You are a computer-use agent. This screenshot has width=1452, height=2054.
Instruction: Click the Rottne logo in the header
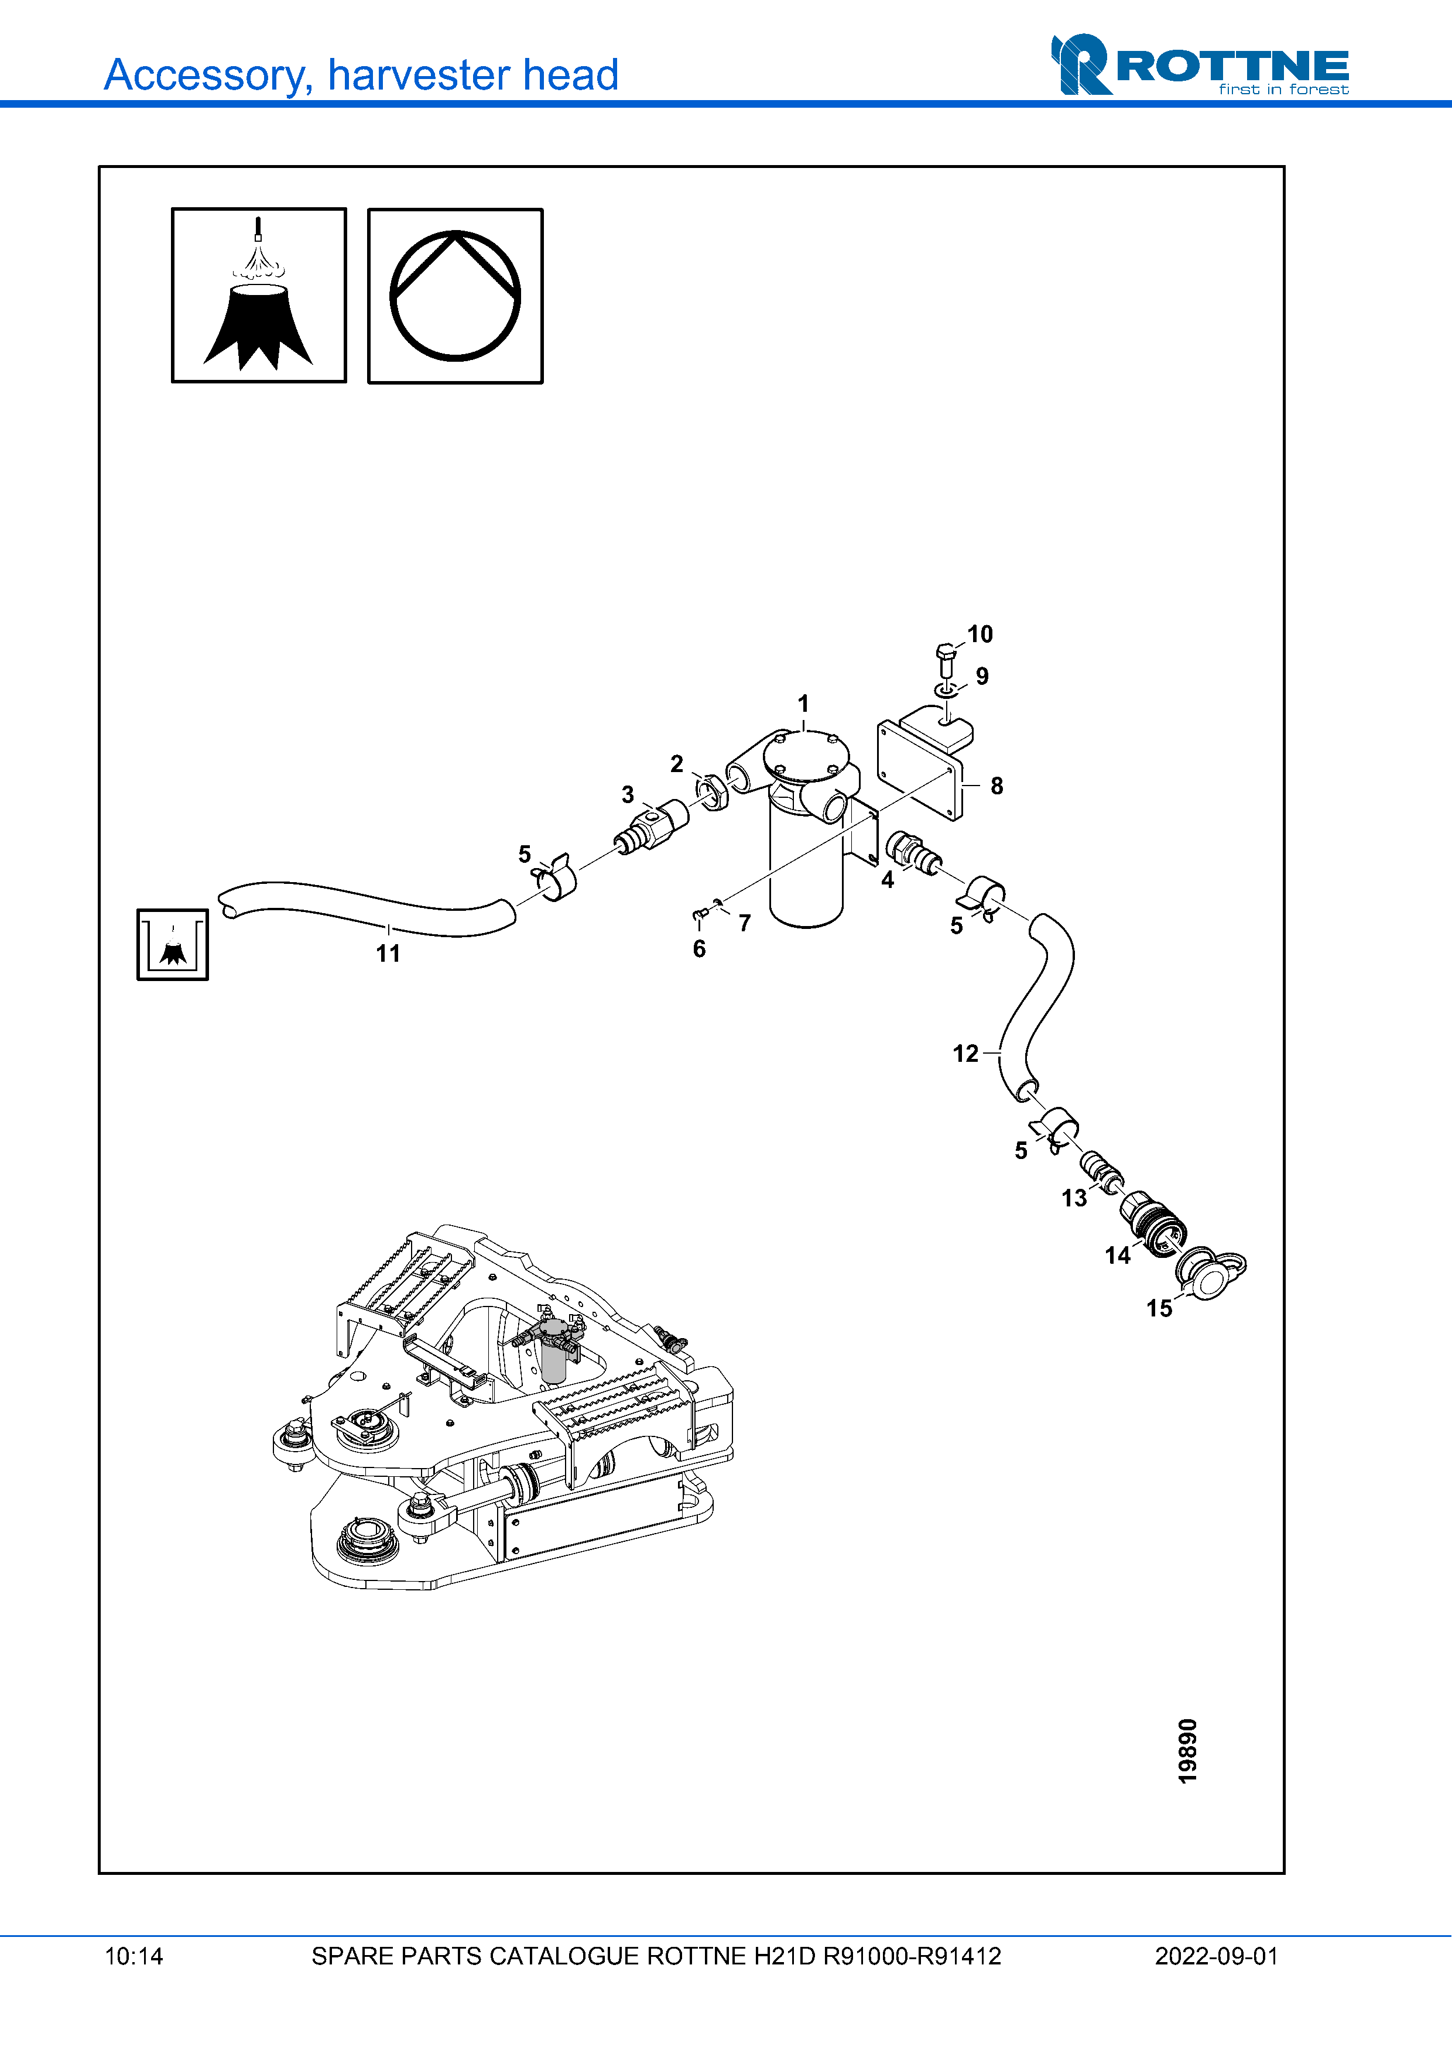point(1199,64)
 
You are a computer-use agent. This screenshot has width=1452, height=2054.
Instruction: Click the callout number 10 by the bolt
point(980,635)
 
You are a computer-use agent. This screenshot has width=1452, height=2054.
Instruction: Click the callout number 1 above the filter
point(803,703)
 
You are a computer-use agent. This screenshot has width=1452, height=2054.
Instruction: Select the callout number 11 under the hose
point(388,954)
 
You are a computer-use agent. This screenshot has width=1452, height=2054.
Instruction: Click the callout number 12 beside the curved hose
point(965,1054)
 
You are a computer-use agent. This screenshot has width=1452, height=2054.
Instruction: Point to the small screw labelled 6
point(700,914)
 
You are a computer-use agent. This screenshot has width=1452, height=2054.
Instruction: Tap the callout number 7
point(744,923)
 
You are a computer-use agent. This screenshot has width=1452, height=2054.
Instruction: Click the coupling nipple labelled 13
point(1101,1171)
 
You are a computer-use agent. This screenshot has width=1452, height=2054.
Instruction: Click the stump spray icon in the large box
point(259,296)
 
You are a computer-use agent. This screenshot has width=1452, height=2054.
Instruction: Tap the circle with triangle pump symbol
point(456,296)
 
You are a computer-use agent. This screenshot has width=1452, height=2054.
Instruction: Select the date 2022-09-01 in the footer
point(1216,1956)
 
